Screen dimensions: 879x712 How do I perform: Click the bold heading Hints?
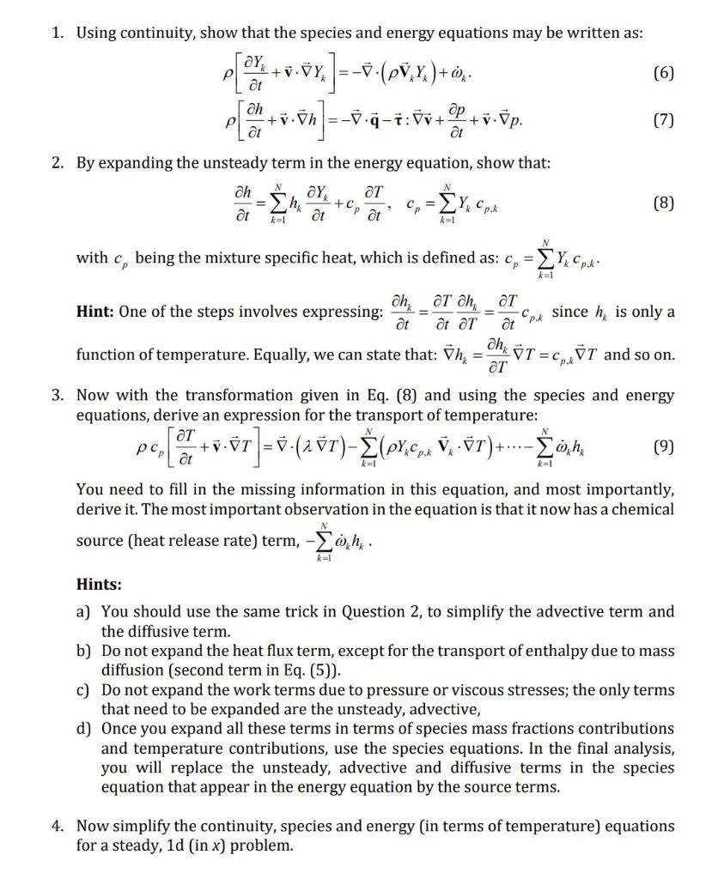click(x=99, y=585)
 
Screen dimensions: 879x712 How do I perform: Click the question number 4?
click(x=57, y=827)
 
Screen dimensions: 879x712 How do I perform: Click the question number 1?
click(x=57, y=33)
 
